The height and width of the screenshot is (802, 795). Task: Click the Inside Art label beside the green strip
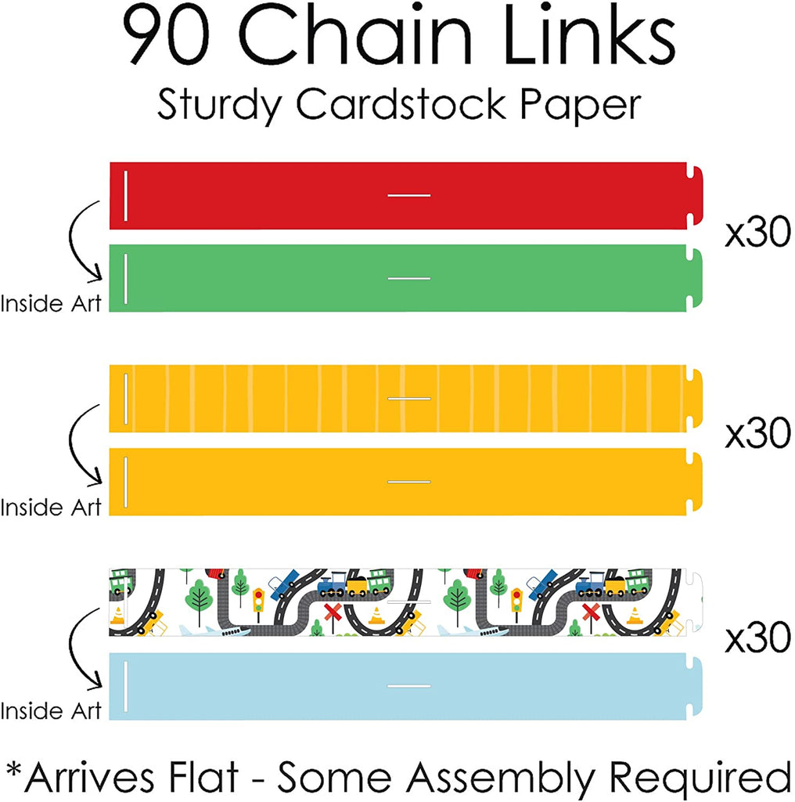pyautogui.click(x=51, y=303)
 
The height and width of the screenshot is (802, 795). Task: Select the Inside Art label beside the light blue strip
pyautogui.click(x=51, y=711)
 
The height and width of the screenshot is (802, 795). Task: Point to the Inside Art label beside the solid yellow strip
pyautogui.click(x=51, y=507)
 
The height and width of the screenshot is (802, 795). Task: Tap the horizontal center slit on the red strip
pyautogui.click(x=409, y=195)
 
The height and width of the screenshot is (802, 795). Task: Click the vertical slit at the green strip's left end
pyautogui.click(x=124, y=278)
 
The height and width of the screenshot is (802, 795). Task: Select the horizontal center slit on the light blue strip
pyautogui.click(x=409, y=685)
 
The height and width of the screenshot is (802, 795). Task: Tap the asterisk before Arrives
pyautogui.click(x=15, y=768)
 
